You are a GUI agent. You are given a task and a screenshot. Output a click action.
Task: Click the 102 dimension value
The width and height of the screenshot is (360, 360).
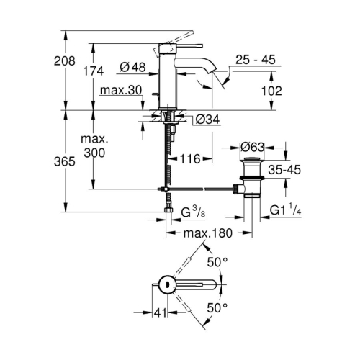(x=271, y=91)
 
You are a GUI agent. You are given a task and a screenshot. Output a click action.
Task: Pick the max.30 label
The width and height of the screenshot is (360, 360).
(x=120, y=91)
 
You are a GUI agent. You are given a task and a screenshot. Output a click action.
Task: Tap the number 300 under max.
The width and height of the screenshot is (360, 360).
(x=94, y=153)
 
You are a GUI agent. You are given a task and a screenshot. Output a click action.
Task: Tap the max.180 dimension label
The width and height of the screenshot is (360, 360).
(x=210, y=233)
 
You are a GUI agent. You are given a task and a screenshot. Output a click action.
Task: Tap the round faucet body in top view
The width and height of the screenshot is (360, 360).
(x=166, y=284)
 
